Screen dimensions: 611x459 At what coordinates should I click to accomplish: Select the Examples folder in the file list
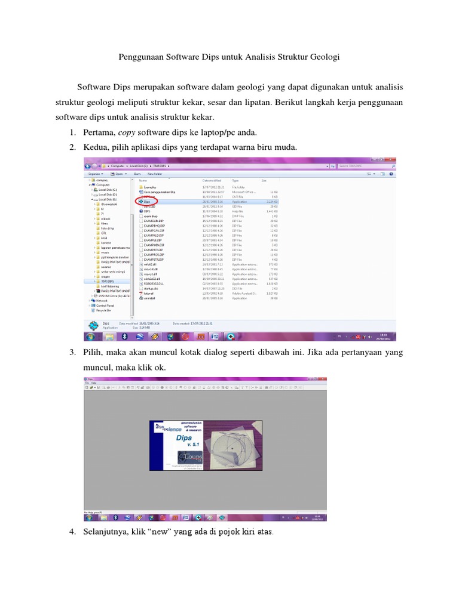coord(149,186)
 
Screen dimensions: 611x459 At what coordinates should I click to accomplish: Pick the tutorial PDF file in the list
coord(149,294)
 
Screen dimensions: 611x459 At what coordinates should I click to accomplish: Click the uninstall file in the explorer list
coord(149,298)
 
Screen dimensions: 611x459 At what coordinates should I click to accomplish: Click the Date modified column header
coord(212,180)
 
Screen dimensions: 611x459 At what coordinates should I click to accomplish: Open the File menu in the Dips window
coord(86,382)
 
